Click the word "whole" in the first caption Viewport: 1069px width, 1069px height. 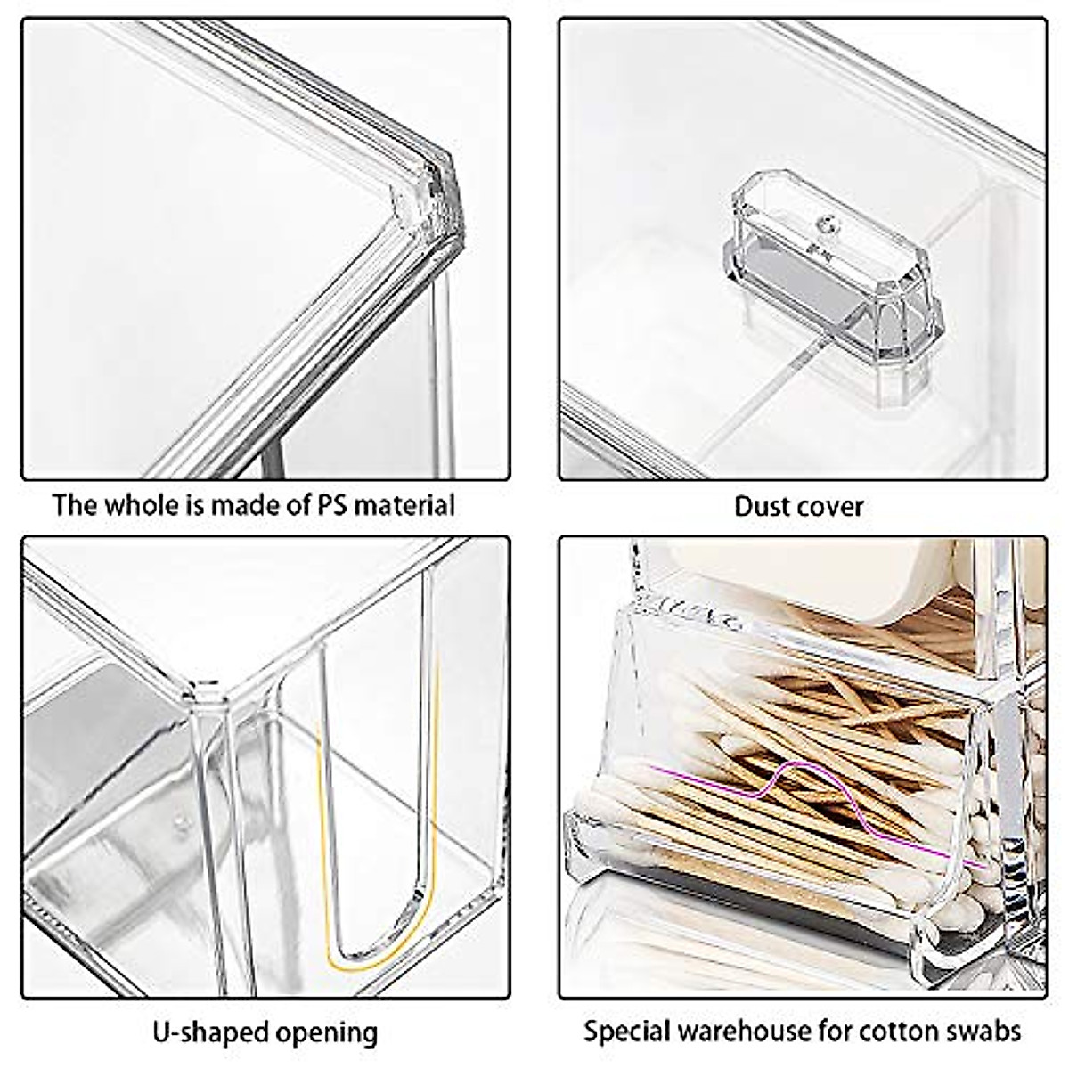[x=144, y=505]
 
